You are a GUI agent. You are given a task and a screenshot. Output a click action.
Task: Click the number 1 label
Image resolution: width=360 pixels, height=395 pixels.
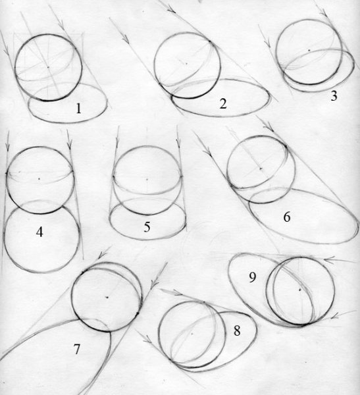(x=78, y=109)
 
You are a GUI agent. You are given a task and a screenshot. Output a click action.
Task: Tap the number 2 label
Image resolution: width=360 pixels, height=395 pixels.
(x=223, y=103)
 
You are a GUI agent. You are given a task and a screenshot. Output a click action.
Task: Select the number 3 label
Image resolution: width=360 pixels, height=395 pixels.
(x=334, y=96)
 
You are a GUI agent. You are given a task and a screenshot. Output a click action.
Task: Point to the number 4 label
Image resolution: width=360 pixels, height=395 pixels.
(x=39, y=232)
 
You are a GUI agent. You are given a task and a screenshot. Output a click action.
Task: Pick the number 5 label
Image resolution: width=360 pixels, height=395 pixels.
(x=147, y=226)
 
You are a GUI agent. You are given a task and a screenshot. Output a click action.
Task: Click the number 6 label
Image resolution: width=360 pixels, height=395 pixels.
(x=287, y=217)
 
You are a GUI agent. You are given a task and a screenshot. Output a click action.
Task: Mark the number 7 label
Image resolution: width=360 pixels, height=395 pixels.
(x=77, y=350)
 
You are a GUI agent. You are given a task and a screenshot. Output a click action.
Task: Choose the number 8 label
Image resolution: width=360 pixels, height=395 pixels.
(x=237, y=330)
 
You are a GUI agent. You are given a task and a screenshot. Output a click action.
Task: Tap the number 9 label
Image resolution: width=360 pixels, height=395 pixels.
(x=253, y=277)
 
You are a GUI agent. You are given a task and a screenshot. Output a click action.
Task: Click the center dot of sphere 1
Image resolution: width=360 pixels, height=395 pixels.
(x=48, y=67)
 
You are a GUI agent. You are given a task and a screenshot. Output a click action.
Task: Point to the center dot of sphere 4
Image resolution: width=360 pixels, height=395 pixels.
(x=39, y=179)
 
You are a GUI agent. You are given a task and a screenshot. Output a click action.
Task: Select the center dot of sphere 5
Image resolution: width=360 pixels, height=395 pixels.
(x=147, y=179)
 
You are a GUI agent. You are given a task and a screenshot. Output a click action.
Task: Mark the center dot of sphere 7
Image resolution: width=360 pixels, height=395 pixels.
(x=107, y=298)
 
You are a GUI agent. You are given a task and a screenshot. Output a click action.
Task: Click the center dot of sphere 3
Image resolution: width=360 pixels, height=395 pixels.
(x=309, y=51)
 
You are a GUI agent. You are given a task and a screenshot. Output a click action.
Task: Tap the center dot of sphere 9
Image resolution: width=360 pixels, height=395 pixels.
(x=300, y=290)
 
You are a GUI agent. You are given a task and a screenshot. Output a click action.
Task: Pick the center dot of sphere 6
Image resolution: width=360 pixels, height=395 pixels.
(x=261, y=169)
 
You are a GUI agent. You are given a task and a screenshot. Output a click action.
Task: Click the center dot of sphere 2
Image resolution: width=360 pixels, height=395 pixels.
(x=186, y=63)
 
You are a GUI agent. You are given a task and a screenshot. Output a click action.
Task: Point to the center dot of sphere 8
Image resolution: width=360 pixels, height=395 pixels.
(x=192, y=334)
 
